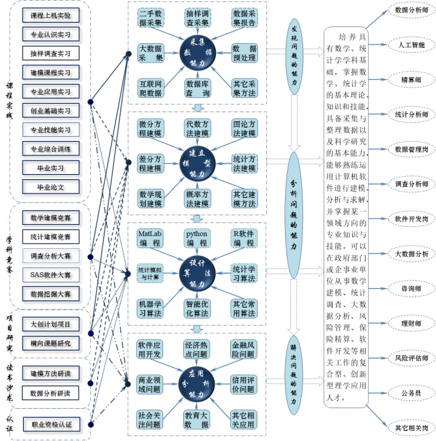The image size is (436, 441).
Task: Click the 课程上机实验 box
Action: pos(51,15)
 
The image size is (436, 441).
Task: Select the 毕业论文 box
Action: pos(51,188)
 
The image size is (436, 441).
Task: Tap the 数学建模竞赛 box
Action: pos(51,217)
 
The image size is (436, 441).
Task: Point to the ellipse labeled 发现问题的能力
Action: pos(294,54)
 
